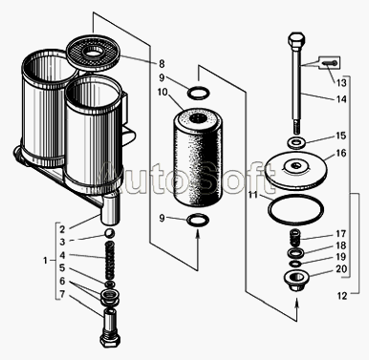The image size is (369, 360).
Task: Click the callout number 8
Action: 162,64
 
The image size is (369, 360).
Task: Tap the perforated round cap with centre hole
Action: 94,53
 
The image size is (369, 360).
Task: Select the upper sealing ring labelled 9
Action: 198,93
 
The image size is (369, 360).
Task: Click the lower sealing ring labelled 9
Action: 198,221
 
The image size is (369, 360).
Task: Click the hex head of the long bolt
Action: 297,40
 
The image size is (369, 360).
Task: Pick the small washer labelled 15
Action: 296,142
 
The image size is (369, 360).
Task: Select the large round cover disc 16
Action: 295,170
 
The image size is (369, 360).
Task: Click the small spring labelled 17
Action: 295,238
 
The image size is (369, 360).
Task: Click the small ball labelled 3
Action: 110,233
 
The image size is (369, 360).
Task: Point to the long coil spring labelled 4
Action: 110,260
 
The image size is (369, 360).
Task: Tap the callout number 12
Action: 341,296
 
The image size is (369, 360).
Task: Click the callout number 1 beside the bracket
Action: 45,261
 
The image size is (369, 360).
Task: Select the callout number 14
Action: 341,99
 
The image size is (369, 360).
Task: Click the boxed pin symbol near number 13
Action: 329,62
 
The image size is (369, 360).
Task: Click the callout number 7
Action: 62,294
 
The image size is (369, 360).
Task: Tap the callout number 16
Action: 341,153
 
